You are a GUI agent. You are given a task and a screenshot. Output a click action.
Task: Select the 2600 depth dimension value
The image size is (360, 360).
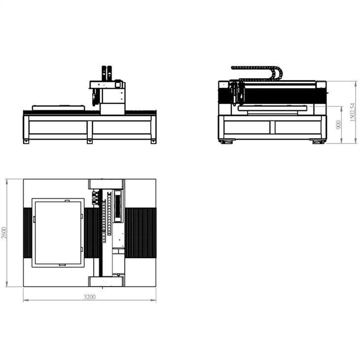click(4, 232)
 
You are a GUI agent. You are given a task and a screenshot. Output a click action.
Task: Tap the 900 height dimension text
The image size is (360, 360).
click(338, 124)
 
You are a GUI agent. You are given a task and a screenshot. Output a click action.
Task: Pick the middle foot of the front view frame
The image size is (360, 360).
click(90, 142)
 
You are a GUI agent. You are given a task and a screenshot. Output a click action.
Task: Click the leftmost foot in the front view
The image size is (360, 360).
click(26, 142)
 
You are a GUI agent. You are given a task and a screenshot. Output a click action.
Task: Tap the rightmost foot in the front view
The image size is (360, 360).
click(153, 142)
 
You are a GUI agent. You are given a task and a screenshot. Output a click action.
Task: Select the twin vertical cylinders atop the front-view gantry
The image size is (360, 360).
click(107, 72)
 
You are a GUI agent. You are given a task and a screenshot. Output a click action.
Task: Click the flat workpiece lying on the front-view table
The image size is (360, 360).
click(58, 107)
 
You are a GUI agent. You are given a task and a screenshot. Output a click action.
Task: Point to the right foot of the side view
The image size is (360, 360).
click(318, 142)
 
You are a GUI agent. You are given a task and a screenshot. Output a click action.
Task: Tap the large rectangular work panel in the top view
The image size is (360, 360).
click(58, 232)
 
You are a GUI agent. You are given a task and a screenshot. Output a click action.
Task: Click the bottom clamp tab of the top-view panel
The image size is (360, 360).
click(62, 265)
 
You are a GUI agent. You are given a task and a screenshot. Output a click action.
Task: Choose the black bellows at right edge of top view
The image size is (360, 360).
click(141, 232)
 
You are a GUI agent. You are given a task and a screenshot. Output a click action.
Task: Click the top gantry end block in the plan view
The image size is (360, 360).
click(106, 184)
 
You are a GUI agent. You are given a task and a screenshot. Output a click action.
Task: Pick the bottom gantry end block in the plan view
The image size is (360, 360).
click(106, 282)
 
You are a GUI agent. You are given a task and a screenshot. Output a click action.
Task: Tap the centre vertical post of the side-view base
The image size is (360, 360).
click(272, 127)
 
